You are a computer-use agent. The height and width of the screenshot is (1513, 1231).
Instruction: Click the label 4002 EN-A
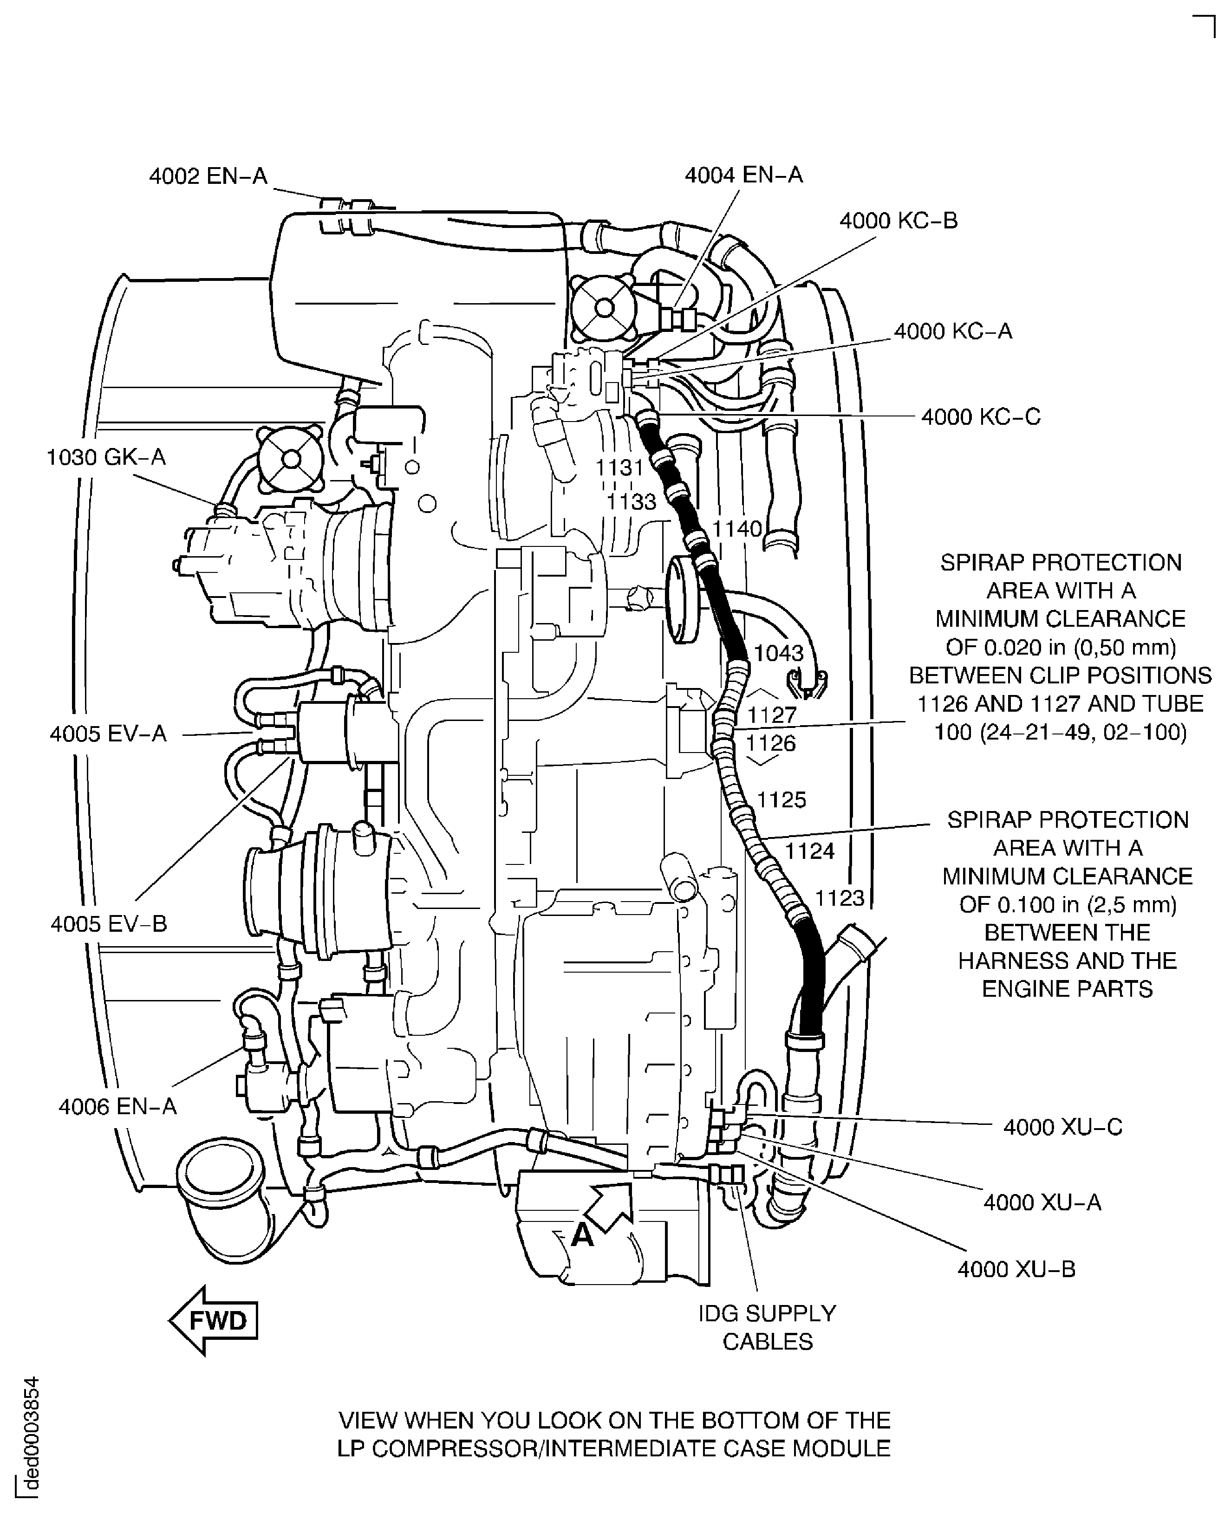[208, 176]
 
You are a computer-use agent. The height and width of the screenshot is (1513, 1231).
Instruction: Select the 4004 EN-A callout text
[743, 175]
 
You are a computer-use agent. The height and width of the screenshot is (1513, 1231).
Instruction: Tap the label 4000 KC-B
[899, 221]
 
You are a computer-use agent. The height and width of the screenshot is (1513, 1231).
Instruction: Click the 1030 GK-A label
[106, 457]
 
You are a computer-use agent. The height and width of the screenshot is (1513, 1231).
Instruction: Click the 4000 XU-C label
[1062, 1127]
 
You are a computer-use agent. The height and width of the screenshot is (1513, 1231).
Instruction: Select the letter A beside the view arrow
[581, 1236]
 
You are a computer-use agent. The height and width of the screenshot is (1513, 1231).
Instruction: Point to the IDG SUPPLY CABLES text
[767, 1326]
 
